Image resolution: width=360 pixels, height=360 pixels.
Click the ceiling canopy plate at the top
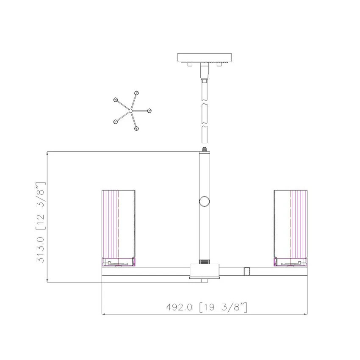204,58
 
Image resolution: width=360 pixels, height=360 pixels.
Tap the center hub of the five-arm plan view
130,111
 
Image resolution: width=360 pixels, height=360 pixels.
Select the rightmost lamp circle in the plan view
149,111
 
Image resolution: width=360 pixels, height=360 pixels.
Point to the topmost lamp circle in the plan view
137,93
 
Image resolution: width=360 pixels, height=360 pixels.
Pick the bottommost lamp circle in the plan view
136,129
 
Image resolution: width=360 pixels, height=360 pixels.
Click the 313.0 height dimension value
41,249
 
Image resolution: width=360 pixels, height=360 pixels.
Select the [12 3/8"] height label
41,206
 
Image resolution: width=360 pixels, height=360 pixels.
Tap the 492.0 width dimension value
179,307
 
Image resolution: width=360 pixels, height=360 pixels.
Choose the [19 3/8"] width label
223,307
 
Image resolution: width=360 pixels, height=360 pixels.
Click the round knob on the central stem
204,202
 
